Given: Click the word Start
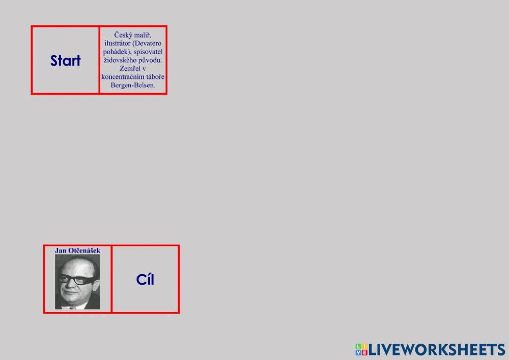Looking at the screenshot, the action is click(65, 61).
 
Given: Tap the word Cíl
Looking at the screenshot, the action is click(145, 280).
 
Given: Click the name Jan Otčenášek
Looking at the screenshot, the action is click(77, 251).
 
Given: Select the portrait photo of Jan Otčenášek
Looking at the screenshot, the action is click(77, 282).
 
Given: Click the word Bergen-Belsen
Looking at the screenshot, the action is click(133, 86).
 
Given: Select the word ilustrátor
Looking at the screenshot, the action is click(117, 43).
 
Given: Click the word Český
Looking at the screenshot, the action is click(122, 35).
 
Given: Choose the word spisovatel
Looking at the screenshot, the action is click(148, 51).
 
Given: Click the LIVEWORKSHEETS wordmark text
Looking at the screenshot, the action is click(437, 350).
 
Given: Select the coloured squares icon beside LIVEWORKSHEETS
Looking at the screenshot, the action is click(361, 350).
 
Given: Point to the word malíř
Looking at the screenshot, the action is click(142, 35).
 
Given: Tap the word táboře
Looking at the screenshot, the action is click(155, 77).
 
